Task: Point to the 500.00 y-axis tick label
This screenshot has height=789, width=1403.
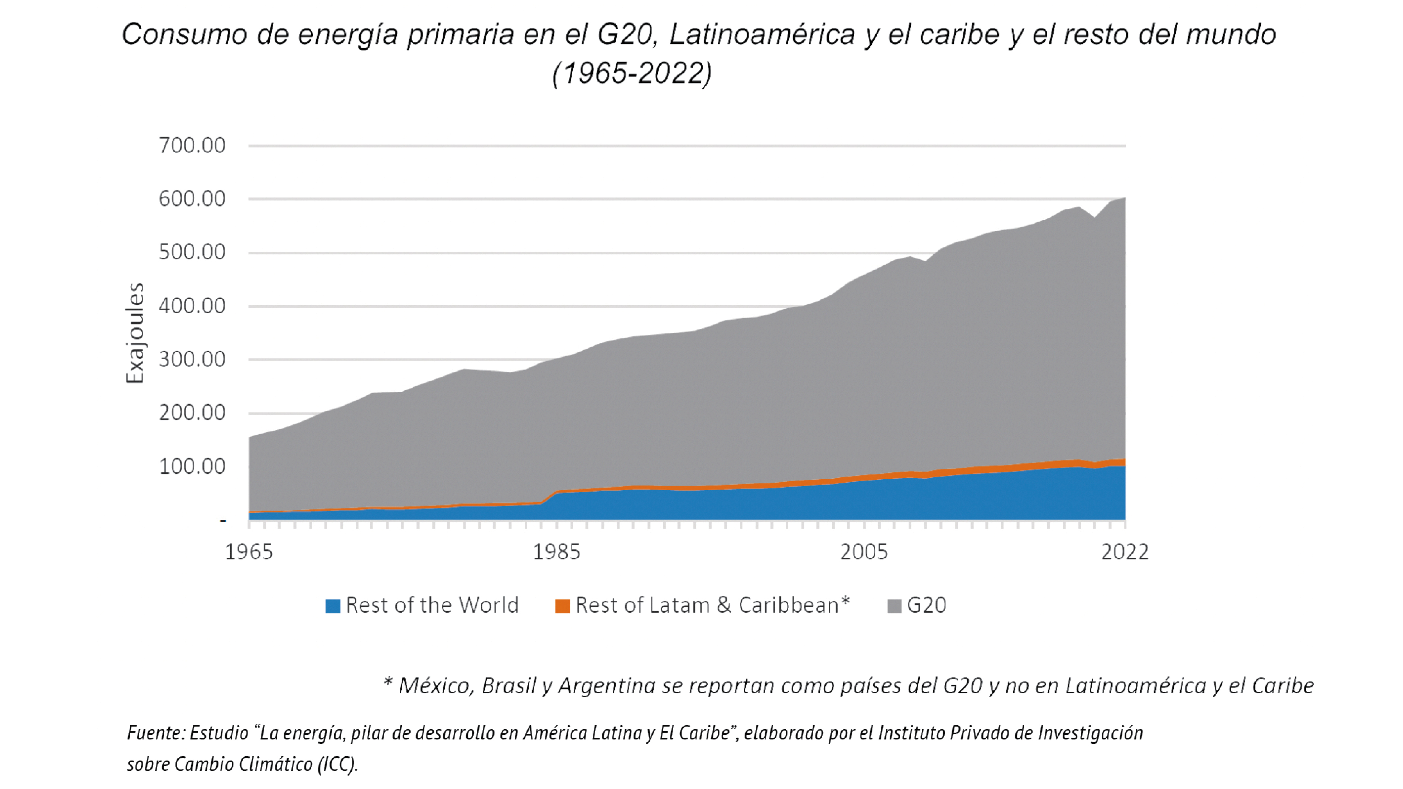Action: [x=192, y=252]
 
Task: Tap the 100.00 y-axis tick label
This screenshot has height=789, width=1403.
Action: [x=192, y=467]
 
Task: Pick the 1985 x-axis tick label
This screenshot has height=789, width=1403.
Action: [x=556, y=552]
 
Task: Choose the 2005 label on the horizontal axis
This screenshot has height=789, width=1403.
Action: [x=864, y=552]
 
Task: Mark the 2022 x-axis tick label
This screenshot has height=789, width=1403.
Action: [x=1125, y=552]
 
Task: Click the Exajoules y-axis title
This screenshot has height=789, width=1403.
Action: [x=134, y=333]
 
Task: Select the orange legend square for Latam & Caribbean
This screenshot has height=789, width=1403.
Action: [x=562, y=606]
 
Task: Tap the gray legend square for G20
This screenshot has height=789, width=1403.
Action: [x=894, y=606]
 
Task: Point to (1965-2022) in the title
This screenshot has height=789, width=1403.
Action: [x=632, y=73]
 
